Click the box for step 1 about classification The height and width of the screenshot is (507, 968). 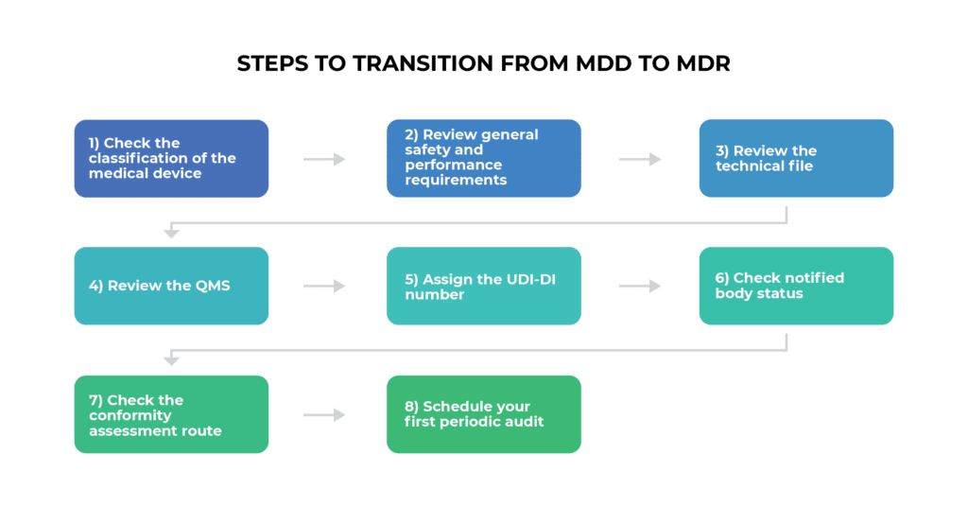click(x=171, y=158)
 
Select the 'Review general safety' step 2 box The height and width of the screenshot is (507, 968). click(x=483, y=158)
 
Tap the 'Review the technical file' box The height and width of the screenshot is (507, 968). click(x=796, y=158)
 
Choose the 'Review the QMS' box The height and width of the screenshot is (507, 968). click(x=171, y=286)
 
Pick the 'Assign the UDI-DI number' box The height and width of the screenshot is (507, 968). click(x=483, y=286)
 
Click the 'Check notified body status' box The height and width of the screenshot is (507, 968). click(x=796, y=286)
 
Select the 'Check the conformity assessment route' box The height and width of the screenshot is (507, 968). click(x=171, y=414)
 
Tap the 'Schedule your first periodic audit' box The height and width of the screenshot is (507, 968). click(x=483, y=414)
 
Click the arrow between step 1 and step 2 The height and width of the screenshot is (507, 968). click(x=324, y=159)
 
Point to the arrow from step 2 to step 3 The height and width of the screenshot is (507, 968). click(x=640, y=159)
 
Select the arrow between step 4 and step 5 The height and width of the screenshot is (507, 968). click(x=324, y=286)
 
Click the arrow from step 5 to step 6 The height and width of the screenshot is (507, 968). click(x=640, y=286)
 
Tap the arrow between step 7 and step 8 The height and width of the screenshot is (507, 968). click(x=324, y=414)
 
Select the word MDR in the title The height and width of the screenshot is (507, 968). click(x=701, y=64)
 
